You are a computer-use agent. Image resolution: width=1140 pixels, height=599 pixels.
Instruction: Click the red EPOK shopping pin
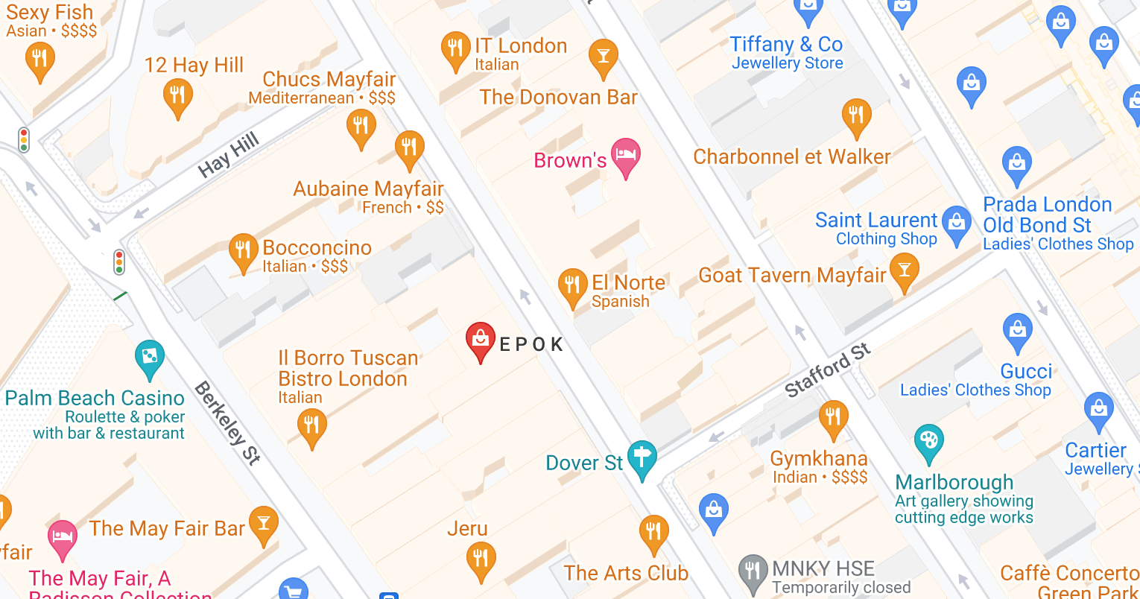tap(481, 340)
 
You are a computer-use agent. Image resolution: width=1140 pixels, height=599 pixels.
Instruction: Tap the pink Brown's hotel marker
tap(626, 156)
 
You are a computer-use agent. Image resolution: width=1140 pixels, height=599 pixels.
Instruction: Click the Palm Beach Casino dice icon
tap(149, 358)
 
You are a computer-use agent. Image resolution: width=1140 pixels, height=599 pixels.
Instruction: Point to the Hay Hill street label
tap(228, 154)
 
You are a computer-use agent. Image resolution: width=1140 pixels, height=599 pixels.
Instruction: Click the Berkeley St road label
tap(228, 422)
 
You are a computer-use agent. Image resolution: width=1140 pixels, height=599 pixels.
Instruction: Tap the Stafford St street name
tap(827, 370)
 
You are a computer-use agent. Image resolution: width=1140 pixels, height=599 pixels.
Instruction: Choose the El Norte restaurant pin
tap(572, 286)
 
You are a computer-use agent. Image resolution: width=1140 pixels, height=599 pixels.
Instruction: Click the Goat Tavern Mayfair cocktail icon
tap(904, 272)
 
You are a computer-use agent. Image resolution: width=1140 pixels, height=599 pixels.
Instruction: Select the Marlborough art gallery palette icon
tap(928, 442)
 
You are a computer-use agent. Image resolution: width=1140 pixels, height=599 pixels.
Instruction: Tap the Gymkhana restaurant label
tap(819, 458)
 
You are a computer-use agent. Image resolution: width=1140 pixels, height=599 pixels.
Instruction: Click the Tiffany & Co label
tap(786, 45)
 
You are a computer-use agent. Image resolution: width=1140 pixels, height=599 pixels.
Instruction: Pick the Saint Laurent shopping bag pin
tap(957, 223)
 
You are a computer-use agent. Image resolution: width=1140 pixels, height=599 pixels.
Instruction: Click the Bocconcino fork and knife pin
tap(243, 251)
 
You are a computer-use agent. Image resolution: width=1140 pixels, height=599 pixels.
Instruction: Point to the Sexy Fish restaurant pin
tap(39, 59)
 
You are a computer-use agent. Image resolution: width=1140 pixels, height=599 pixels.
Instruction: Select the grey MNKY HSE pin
tap(753, 571)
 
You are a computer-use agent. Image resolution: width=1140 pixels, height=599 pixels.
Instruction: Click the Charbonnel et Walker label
tap(792, 157)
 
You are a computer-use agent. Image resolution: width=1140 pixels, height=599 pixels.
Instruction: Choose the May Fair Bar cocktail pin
tap(263, 524)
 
